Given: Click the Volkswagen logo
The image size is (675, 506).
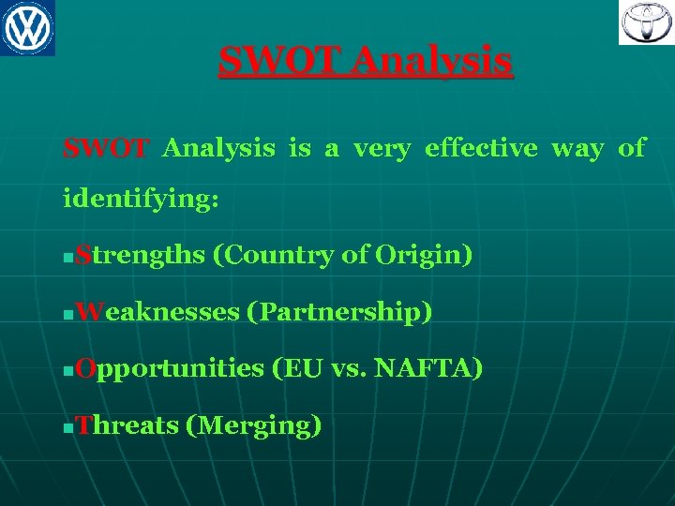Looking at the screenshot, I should [27, 27].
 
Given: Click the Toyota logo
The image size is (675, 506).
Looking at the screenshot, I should [645, 22].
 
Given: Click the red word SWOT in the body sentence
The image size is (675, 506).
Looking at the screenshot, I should [105, 148].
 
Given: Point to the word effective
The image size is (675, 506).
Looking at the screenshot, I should [481, 148].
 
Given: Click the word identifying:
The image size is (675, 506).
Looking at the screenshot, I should [141, 200].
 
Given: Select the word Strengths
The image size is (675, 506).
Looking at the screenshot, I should [141, 255].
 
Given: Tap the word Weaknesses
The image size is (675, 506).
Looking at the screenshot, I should [157, 312].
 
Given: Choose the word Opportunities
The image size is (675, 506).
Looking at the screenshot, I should [170, 369].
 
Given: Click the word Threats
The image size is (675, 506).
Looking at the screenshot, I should [127, 425].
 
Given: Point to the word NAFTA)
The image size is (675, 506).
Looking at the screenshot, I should [428, 368].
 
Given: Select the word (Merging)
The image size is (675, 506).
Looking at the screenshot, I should [254, 425].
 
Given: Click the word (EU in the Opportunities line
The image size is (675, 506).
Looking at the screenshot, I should [297, 368].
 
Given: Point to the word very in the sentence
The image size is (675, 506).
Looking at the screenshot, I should [382, 148].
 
